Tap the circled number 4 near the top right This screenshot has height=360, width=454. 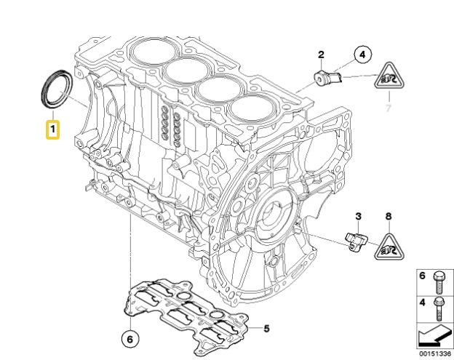(362, 53)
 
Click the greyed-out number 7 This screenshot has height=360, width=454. (389, 108)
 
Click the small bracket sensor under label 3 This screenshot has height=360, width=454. (354, 240)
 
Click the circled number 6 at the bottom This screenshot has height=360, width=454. (128, 338)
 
